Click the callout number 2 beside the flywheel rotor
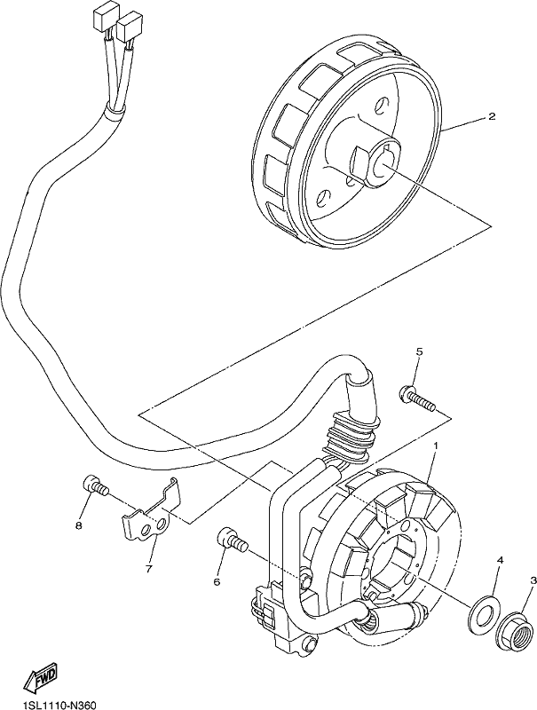[x=491, y=116]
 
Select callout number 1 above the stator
[x=436, y=446]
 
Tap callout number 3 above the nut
[x=533, y=580]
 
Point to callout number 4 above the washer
[x=501, y=561]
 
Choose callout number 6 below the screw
[x=217, y=581]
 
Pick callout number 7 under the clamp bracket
[x=148, y=568]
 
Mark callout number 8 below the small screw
[x=79, y=525]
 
